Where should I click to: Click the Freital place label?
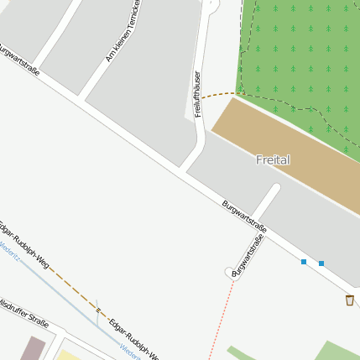273,159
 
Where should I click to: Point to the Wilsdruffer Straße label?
24,310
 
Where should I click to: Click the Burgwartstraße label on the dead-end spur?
248,254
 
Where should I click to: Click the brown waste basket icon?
349,300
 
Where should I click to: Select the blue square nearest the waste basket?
321,263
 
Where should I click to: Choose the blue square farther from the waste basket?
304,262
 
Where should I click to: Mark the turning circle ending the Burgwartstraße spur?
231,273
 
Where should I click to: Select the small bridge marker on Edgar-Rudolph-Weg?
98,310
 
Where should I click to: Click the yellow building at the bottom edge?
67,355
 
